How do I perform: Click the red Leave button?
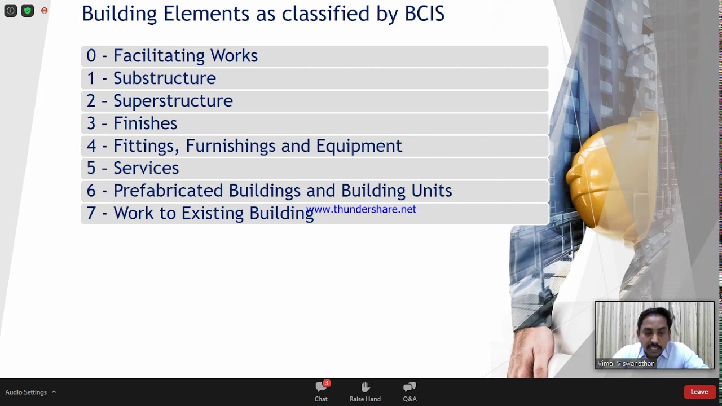pos(699,392)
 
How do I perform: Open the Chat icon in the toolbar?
pos(321,387)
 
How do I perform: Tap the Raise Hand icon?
pos(365,387)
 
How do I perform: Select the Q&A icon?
pos(410,387)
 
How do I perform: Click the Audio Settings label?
pos(26,392)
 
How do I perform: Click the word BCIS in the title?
pos(424,14)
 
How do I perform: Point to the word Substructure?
pos(164,78)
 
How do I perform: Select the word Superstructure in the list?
pos(173,101)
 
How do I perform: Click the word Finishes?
pos(145,123)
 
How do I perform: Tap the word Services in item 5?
pos(146,168)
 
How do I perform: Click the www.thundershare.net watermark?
pos(361,209)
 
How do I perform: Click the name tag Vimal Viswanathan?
pos(626,364)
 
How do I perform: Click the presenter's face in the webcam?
pos(654,333)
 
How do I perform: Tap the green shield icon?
pos(27,11)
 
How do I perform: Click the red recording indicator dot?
pos(45,11)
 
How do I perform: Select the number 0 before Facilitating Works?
pos(91,56)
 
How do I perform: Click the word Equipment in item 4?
pos(359,146)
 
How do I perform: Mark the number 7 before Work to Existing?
pos(91,213)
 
